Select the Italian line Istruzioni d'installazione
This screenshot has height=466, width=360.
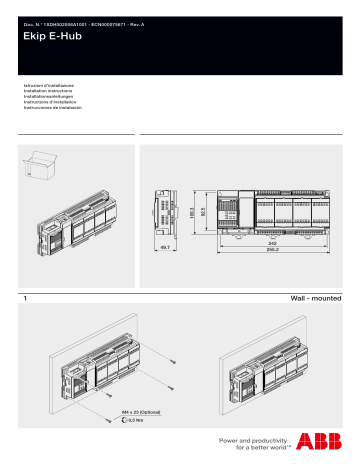click(49, 86)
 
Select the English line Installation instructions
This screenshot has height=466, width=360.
click(51, 91)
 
